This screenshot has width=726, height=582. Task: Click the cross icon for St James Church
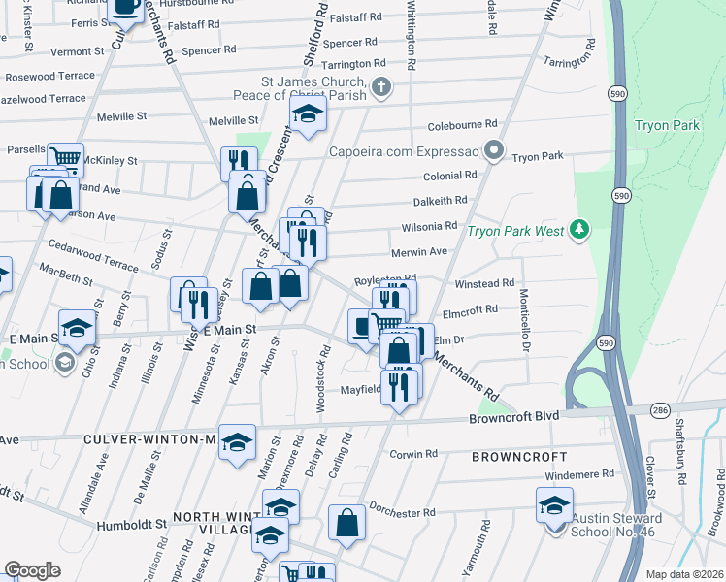382,87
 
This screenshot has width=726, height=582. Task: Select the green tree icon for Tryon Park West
580,229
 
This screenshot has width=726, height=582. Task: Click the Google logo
33,570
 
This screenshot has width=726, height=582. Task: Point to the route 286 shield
659,409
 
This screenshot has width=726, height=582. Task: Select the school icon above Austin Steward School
554,504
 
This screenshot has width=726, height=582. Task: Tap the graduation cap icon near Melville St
309,115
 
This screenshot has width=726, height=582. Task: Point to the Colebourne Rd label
462,124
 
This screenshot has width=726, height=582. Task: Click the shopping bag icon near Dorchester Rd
346,522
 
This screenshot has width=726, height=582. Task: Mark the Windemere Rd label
580,473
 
